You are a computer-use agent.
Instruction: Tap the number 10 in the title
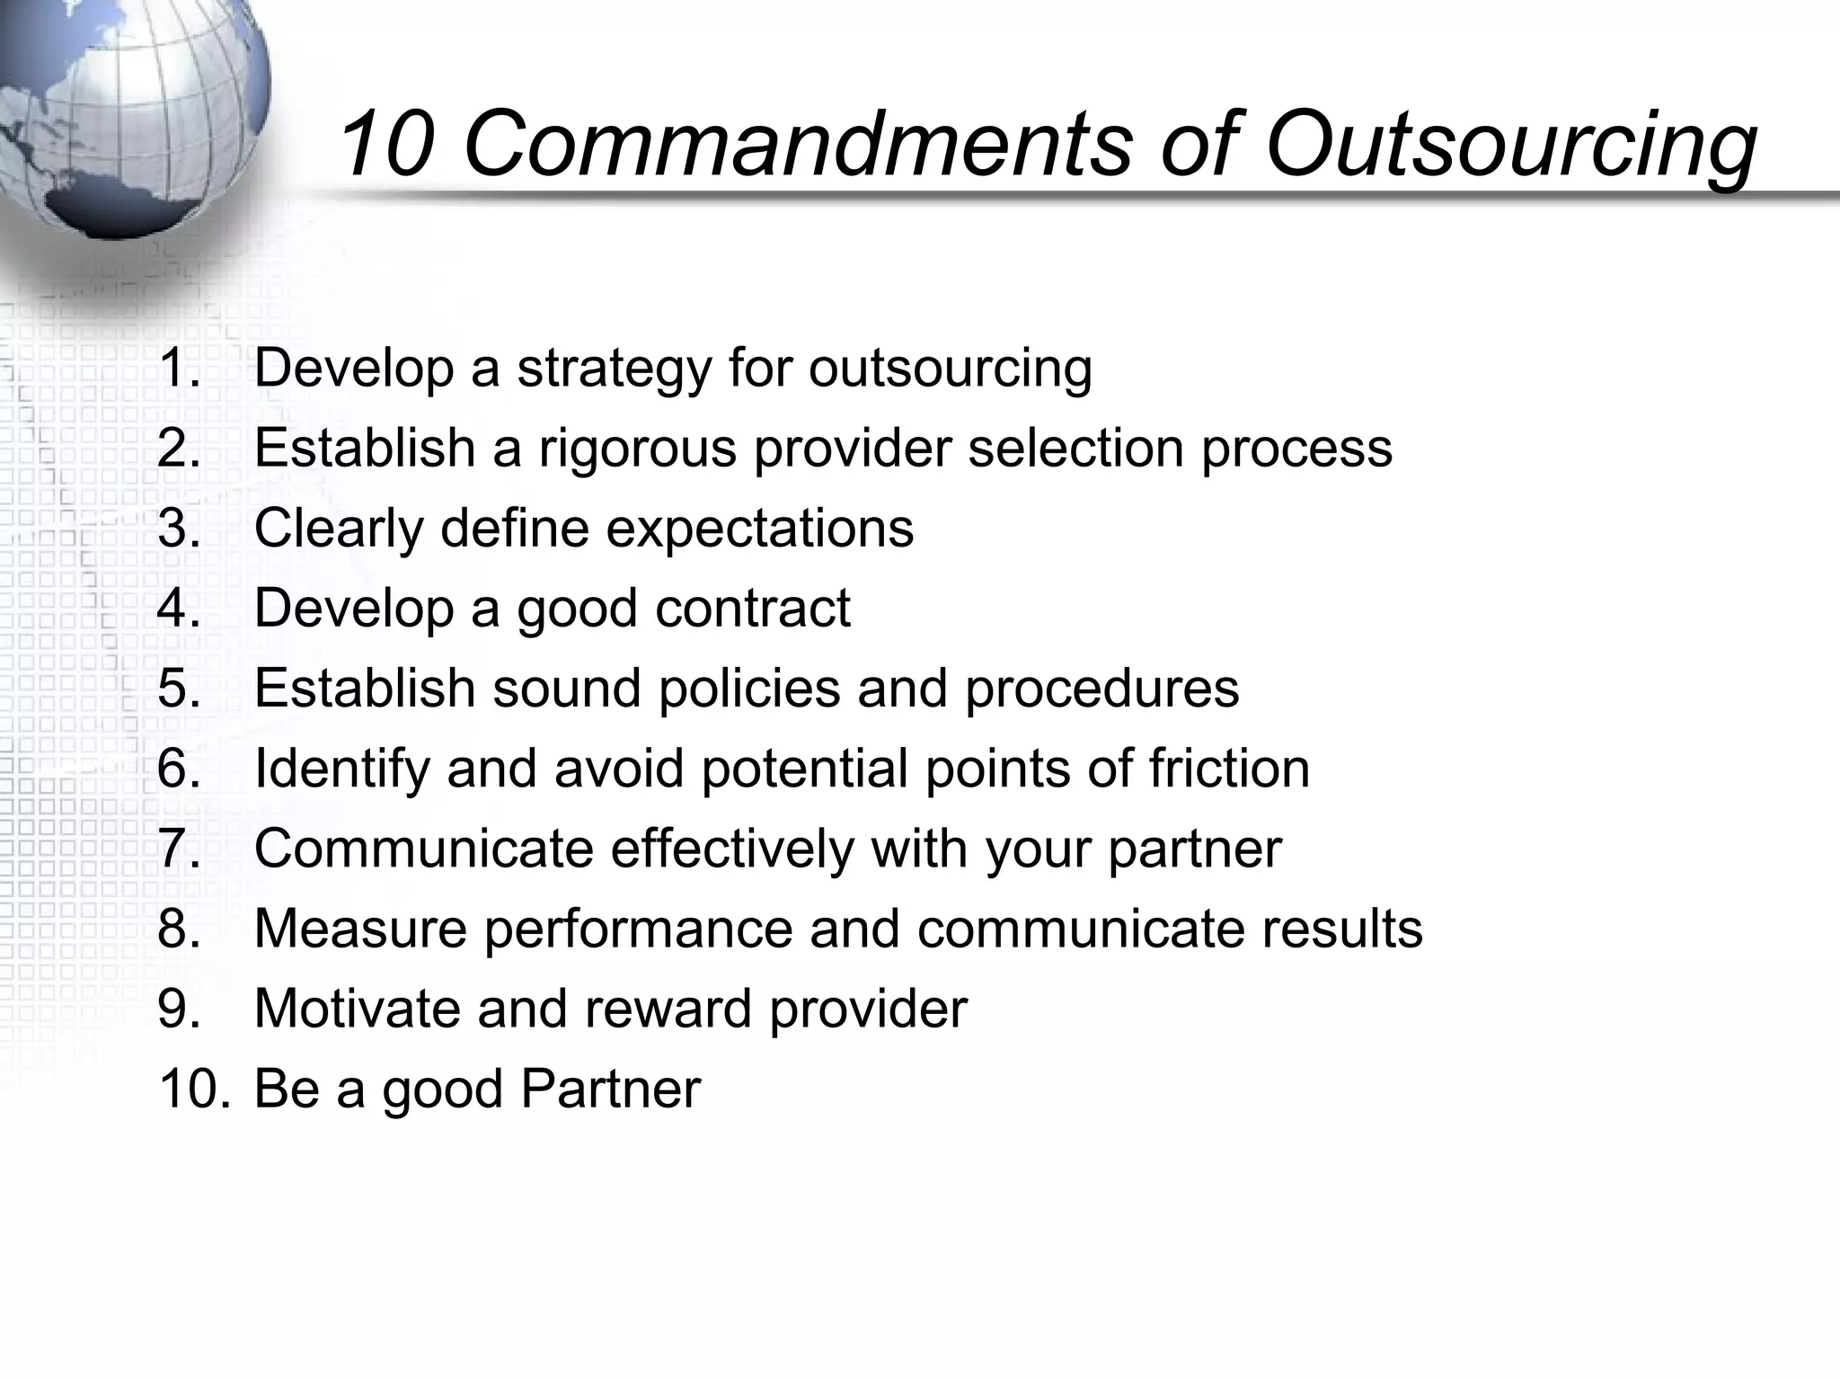(x=386, y=144)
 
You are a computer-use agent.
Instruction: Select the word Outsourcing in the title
(x=1509, y=144)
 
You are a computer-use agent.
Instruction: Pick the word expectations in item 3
(x=759, y=529)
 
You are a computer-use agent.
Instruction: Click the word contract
(x=752, y=608)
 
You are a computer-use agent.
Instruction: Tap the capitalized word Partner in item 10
(x=610, y=1089)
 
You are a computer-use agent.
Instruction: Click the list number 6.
(x=179, y=769)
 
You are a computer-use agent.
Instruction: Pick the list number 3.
(x=179, y=529)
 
